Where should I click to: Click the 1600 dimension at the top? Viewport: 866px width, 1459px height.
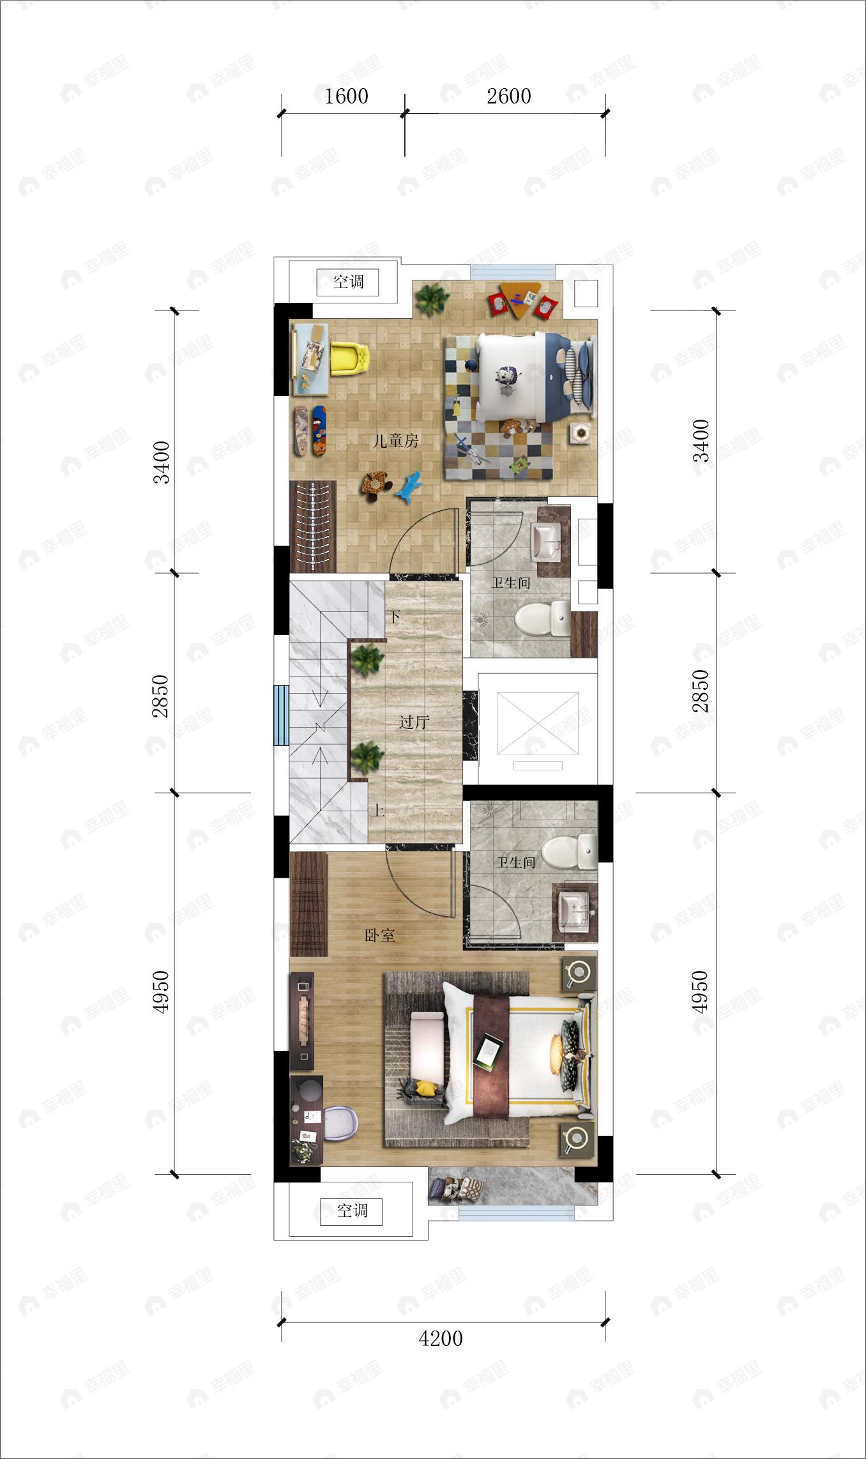tap(346, 96)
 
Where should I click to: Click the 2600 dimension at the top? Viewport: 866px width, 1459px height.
tap(508, 96)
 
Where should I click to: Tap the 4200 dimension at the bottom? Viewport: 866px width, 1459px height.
tap(441, 1338)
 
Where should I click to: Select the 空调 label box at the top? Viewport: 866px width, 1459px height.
tap(348, 282)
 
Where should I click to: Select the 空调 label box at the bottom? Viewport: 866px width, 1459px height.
tap(352, 1211)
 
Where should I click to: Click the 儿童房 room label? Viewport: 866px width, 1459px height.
tap(395, 441)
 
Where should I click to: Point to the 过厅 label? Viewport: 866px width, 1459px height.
tap(414, 722)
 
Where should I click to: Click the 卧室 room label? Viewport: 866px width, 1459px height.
tap(380, 935)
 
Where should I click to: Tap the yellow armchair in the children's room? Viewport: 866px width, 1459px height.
tap(350, 358)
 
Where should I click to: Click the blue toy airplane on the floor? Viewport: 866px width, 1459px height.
tap(409, 487)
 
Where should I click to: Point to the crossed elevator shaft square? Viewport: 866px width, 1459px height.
tap(538, 722)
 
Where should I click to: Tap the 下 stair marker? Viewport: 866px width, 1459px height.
tap(394, 616)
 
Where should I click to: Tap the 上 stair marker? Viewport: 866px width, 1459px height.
tap(379, 811)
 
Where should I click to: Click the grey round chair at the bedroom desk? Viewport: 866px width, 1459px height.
tap(340, 1122)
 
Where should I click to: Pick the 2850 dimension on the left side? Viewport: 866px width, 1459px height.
tap(160, 696)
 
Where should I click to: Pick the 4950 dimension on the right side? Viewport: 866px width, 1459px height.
tap(700, 991)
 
